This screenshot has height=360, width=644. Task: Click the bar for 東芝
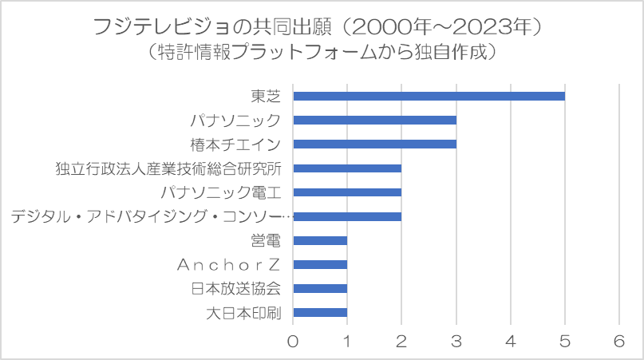(429, 97)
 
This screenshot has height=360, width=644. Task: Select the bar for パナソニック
(375, 121)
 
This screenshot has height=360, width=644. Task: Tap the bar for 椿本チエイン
(375, 144)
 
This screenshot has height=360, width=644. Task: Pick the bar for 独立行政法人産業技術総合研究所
(347, 168)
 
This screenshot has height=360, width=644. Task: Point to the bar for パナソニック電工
(347, 192)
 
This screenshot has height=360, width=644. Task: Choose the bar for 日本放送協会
(320, 288)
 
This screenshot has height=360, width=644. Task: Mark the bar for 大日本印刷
(320, 312)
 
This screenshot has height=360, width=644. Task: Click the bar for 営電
(320, 240)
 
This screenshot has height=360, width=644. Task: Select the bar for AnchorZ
(320, 264)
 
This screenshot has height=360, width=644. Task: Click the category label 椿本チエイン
(235, 144)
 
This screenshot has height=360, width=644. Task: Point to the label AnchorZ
(236, 264)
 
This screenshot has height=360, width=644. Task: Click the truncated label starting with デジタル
(152, 216)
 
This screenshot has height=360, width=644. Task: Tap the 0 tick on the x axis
(294, 341)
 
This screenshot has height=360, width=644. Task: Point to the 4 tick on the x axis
(511, 341)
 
